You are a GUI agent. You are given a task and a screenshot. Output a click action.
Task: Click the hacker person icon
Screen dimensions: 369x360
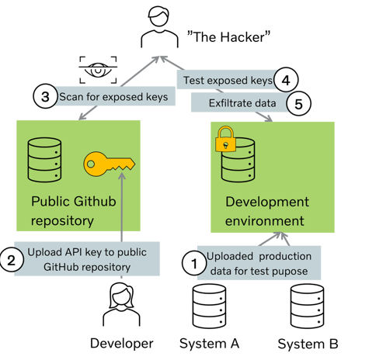click(x=159, y=27)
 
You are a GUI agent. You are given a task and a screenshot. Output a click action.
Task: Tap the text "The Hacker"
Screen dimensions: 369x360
click(x=228, y=36)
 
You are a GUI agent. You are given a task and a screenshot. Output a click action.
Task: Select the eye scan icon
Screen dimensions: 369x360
click(x=98, y=70)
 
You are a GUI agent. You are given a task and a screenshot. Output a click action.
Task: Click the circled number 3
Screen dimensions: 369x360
click(x=45, y=96)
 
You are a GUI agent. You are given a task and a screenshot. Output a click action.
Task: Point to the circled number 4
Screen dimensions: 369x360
click(x=286, y=80)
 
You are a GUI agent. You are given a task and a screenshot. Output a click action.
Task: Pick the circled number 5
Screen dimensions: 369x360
click(x=298, y=104)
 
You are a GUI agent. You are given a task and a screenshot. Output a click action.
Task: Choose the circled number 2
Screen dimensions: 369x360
click(x=12, y=260)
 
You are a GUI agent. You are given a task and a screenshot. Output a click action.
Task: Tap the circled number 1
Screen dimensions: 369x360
click(x=194, y=264)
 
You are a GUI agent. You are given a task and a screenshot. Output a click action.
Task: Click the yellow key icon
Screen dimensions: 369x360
click(x=109, y=164)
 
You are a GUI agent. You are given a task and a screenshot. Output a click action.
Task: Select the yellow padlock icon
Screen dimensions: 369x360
click(x=225, y=139)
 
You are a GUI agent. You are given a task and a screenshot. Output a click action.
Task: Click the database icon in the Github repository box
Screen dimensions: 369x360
click(x=44, y=160)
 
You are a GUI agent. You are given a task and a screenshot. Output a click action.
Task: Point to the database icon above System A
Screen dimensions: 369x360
click(x=209, y=306)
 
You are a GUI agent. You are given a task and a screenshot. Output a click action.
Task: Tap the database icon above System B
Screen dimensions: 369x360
click(x=307, y=306)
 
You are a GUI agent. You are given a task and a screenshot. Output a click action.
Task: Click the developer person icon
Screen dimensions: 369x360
click(x=121, y=304)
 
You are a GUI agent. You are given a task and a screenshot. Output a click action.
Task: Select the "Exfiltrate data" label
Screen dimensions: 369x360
click(x=242, y=103)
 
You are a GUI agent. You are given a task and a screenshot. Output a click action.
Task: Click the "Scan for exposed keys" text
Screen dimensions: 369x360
click(x=113, y=97)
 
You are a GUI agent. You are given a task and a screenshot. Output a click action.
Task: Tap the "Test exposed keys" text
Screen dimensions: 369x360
click(x=228, y=81)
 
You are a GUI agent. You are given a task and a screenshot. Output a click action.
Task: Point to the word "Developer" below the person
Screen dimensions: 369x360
click(x=122, y=344)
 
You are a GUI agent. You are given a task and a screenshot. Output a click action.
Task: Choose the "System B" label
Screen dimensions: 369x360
click(x=308, y=344)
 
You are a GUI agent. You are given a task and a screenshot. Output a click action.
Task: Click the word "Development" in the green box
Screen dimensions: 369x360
click(x=267, y=202)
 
